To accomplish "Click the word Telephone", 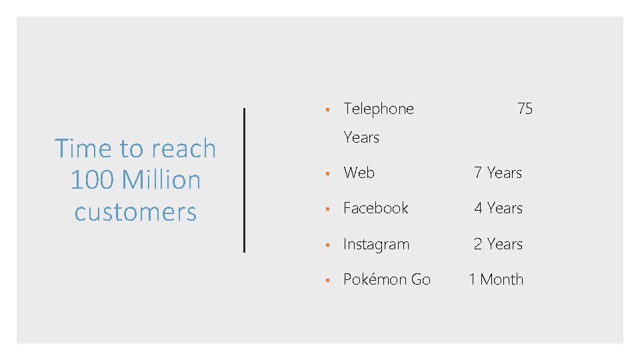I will [378, 109].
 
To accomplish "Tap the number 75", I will [525, 109].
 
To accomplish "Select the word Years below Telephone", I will [361, 137].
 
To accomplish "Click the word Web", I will [359, 173].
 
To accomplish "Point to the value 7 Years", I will [497, 173].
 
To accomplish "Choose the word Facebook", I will [375, 208].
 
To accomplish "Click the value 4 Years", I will [497, 208].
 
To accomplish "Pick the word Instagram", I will [376, 245].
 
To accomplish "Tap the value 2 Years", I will [497, 244].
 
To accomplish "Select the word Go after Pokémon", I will [421, 279].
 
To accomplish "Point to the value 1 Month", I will [496, 279].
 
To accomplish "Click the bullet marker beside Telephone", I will [327, 109].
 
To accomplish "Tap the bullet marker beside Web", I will [327, 173].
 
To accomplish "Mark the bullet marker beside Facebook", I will [327, 209].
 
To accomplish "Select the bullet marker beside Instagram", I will [327, 245].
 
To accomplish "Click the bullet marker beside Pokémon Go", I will [327, 280].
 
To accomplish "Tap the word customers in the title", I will [135, 212].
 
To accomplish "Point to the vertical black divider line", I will [244, 180].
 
